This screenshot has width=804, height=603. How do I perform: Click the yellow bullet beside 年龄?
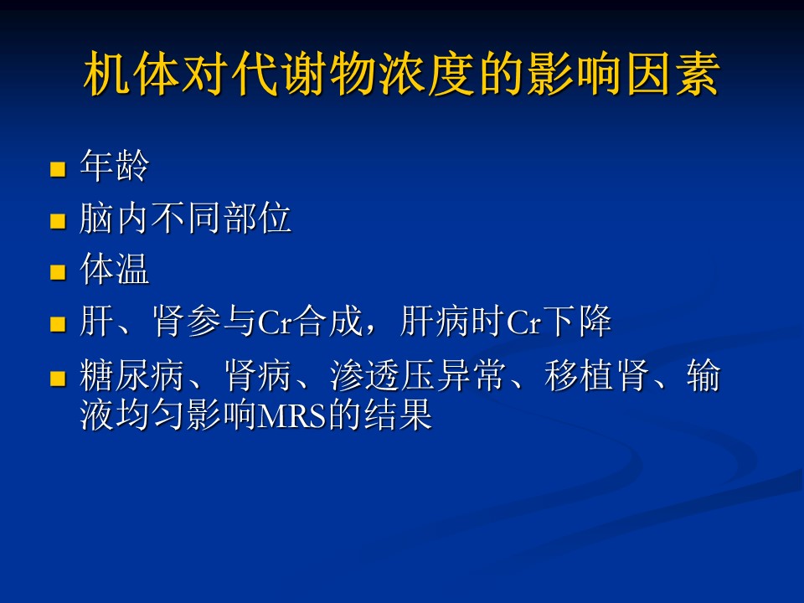(x=58, y=169)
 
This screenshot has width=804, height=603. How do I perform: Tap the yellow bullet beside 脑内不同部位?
(x=58, y=221)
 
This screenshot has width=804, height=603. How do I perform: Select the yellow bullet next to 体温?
(x=58, y=271)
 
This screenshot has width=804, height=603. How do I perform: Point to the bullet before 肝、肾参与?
(x=58, y=324)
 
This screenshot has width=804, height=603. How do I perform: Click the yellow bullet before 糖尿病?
(x=58, y=379)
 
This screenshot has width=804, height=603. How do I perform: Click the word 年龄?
(x=115, y=166)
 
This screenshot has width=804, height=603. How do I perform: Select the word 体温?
(x=115, y=268)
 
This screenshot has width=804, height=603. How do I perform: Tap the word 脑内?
(x=115, y=218)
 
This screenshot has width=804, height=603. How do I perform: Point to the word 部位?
(x=257, y=218)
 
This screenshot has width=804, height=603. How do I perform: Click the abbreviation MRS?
(x=291, y=415)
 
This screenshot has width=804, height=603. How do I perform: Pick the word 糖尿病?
(x=132, y=375)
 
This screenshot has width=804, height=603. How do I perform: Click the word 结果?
(x=398, y=415)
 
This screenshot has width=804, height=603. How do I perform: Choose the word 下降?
(x=577, y=321)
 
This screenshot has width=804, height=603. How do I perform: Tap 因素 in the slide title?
(x=673, y=74)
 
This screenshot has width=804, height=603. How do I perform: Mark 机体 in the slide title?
(x=131, y=74)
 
